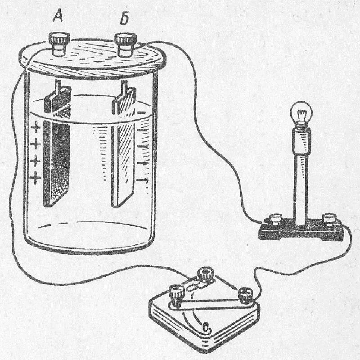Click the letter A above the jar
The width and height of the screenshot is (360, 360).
58,17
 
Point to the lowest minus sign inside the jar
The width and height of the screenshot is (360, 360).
143,180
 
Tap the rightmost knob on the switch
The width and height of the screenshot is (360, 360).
245,295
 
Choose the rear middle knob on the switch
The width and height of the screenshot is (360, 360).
207,273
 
